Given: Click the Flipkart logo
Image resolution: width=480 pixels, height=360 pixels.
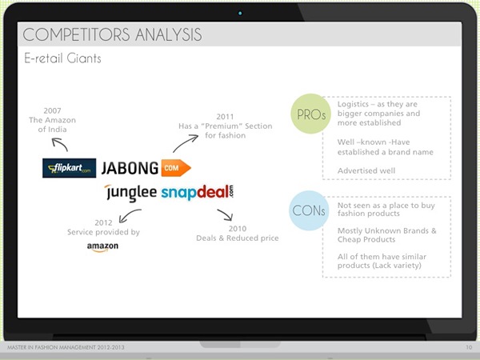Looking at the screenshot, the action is pos(69,168).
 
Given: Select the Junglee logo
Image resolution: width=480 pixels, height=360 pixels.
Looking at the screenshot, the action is pos(130,193).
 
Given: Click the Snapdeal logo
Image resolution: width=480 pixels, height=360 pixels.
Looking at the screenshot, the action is pos(197,192).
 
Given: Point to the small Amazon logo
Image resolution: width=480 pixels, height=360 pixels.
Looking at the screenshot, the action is pos(102,247).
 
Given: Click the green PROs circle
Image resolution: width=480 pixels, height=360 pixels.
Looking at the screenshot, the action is pos(310,114).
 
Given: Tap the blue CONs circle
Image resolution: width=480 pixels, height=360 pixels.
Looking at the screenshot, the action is pos(309,210).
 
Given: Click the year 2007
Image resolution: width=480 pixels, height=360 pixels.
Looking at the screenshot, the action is pos(52,110).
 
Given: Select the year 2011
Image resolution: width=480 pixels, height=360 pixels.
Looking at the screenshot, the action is pos(225,117).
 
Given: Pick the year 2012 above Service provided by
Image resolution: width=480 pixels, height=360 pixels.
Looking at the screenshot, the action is pos(103,222).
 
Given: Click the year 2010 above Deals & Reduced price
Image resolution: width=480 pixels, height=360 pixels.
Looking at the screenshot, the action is pos(238,228).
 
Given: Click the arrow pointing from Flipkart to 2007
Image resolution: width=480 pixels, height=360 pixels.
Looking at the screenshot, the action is pos(59,143).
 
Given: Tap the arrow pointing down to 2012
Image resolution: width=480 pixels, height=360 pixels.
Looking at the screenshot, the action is pos(129,214).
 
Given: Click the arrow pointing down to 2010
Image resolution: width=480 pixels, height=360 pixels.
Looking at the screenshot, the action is pos(226,214).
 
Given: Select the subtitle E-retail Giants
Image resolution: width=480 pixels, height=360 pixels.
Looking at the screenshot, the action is pos(62,58).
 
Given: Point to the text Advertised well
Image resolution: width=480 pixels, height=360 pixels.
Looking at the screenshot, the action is pos(366,170).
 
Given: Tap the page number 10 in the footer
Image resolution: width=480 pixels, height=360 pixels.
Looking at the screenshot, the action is pos(469,347).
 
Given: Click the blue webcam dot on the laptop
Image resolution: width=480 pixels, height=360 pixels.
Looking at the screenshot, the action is pos(240,13).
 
